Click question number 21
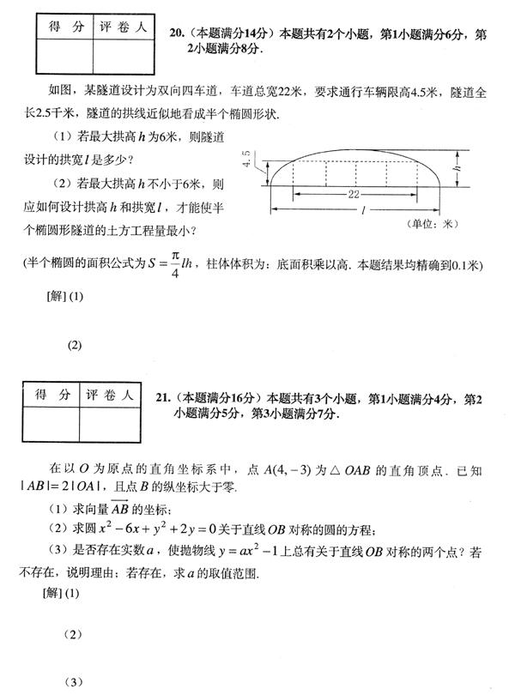[164, 398]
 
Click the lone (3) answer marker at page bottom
[75, 684]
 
